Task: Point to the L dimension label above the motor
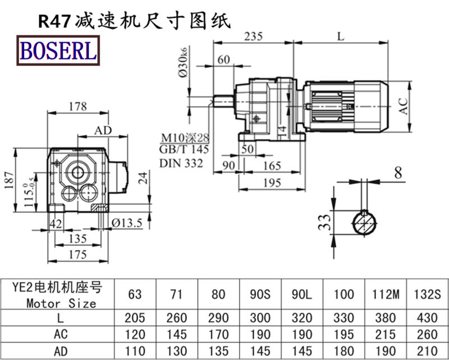coord(342,37)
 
